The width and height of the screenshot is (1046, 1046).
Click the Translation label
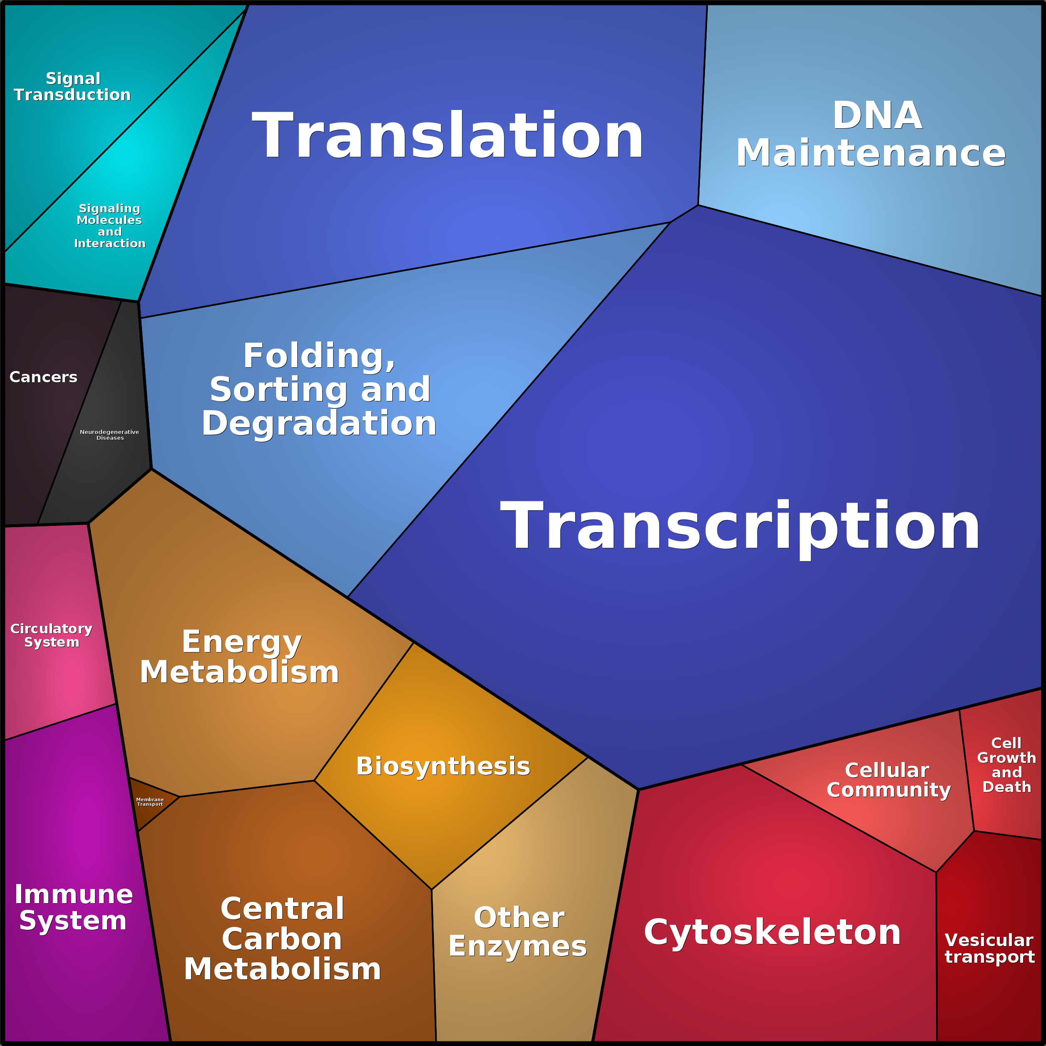[448, 135]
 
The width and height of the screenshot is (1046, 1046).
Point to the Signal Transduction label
[72, 87]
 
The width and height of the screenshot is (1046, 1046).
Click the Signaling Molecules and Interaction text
[110, 226]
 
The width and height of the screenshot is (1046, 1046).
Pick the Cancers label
[43, 377]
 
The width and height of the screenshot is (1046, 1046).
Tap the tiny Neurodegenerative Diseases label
[110, 435]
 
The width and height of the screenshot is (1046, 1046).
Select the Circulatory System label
[52, 635]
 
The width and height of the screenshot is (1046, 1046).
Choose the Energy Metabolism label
[240, 657]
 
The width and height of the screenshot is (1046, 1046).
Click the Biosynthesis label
[443, 766]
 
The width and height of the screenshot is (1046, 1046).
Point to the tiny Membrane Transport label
[150, 802]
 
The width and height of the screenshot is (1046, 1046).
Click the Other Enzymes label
[518, 932]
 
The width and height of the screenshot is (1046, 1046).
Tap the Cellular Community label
[889, 780]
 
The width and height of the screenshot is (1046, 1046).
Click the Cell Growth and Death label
[1006, 765]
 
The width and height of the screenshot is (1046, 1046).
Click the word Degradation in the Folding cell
[319, 423]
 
